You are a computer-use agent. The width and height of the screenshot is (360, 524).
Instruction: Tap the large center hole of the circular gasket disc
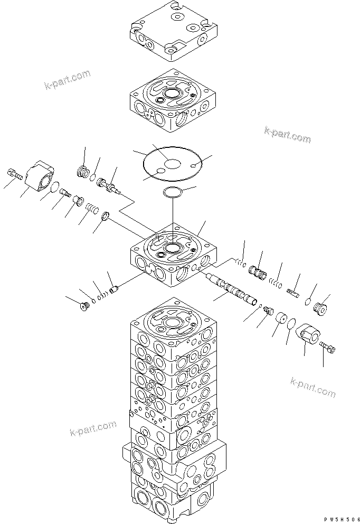(x=172, y=164)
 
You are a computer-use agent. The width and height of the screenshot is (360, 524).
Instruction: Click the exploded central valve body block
(x=173, y=255)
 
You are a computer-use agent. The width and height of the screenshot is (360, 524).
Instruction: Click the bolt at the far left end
(x=14, y=173)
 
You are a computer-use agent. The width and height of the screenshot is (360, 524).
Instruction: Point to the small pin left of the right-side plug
(x=294, y=290)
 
